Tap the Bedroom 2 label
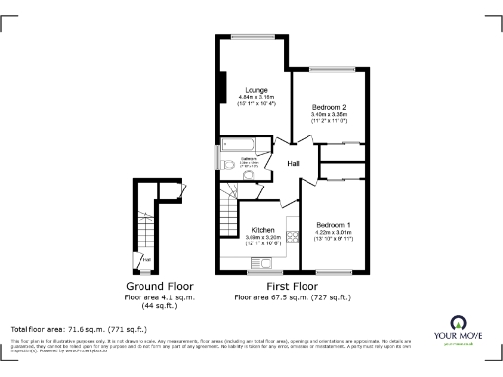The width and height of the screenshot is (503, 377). click(329, 106)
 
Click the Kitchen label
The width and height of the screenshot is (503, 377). click(249, 228)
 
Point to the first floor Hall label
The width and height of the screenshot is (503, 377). click(293, 164)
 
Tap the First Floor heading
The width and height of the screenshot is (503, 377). click(292, 286)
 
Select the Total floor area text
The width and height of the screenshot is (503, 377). click(79, 329)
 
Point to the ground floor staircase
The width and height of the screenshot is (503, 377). click(145, 221)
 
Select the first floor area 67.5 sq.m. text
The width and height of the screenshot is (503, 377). click(292, 296)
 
